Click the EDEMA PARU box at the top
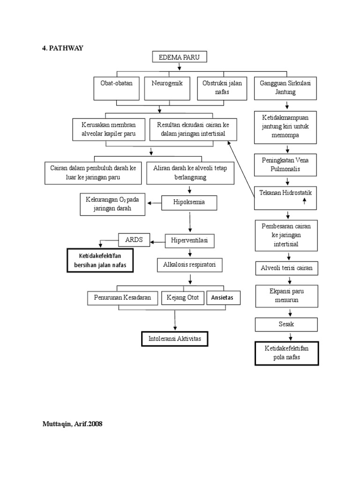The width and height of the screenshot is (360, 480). pos(179,58)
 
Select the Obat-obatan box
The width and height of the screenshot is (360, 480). pos(116,88)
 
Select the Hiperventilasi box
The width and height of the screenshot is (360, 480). pos(189,241)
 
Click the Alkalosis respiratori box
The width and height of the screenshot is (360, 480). pos(189,265)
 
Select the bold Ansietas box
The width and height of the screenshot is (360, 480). pos(224,298)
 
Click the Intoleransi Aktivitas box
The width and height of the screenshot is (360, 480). pos(174,338)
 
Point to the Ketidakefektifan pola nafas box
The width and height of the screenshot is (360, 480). pos(287,353)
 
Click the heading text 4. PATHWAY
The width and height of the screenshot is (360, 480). pos(62,48)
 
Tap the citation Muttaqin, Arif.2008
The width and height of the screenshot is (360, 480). pos(72,424)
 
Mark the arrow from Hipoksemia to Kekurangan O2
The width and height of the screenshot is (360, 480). pos(154,203)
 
